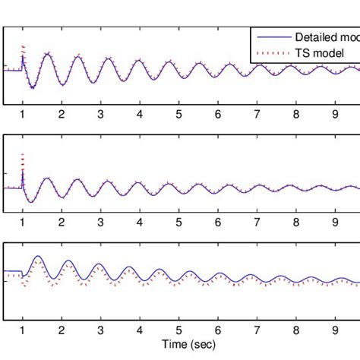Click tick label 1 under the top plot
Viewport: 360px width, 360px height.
coord(22,114)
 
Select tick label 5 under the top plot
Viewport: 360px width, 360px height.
coord(178,114)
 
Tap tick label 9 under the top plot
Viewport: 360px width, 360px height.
coord(335,114)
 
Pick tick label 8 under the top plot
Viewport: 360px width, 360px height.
coord(296,114)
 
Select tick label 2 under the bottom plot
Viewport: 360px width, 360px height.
coord(62,330)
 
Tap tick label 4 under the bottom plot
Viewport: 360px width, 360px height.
coord(140,330)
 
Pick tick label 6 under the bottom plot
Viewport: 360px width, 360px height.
coord(218,330)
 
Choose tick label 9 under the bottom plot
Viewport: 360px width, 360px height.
coord(335,330)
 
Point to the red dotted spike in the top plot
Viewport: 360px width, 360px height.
coord(23,47)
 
